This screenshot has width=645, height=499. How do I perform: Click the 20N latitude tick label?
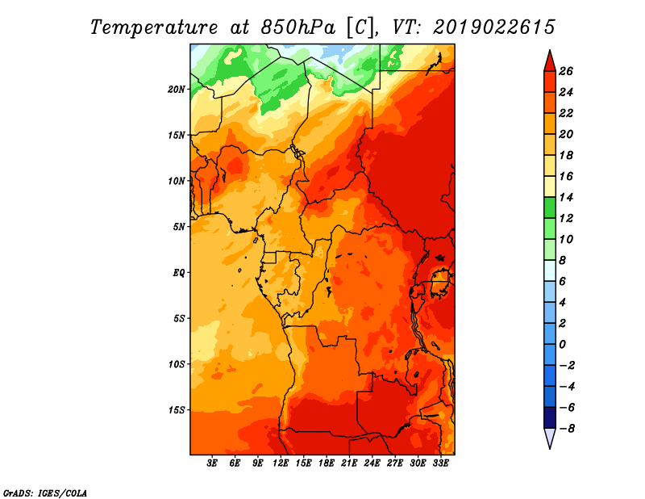[x=176, y=90]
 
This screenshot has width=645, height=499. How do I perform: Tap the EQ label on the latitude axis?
[x=178, y=273]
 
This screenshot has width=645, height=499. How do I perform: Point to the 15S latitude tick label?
[x=176, y=410]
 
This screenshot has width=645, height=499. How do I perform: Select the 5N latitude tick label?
[x=178, y=227]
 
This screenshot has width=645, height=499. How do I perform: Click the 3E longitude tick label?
[x=212, y=463]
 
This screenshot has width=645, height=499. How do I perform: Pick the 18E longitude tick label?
[x=327, y=463]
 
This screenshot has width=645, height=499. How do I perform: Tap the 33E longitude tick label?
[x=440, y=463]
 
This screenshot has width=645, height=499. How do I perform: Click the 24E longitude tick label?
[x=372, y=463]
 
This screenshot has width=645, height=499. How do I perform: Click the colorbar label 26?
[x=566, y=71]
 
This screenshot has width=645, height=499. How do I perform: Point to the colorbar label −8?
[x=567, y=429]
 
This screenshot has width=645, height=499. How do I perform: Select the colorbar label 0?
[x=562, y=345]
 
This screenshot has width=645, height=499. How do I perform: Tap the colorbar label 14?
[x=566, y=197]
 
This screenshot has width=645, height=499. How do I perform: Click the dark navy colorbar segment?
[x=550, y=417]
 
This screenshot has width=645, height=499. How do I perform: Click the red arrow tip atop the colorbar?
[x=550, y=51]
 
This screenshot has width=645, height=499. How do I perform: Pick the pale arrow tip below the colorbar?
[x=550, y=448]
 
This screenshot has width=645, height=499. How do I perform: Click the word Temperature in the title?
[x=154, y=27]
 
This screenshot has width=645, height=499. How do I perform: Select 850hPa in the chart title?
[x=298, y=27]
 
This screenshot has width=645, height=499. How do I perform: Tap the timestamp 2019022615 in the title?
[x=494, y=27]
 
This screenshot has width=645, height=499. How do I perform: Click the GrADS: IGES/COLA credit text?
[x=45, y=493]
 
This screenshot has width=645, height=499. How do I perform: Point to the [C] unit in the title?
[x=360, y=27]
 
